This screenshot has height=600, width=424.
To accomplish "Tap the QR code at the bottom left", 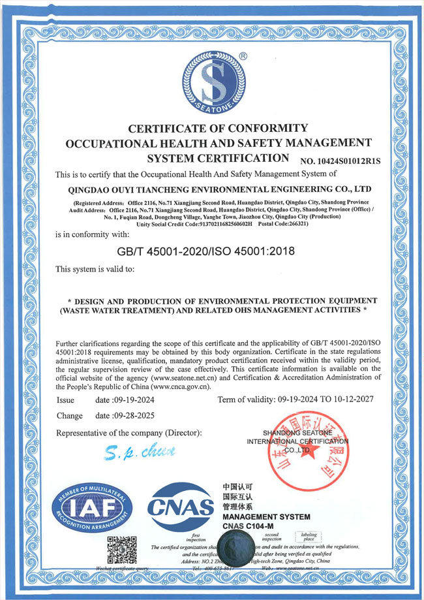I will click(x=121, y=550).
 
